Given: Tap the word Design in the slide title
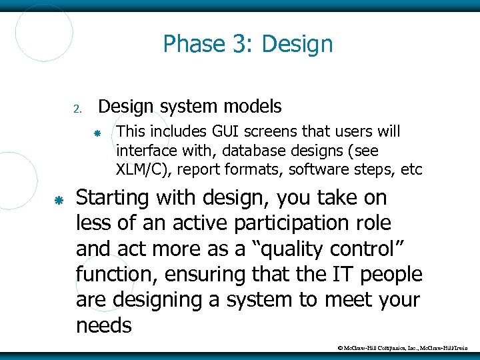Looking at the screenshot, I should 297,45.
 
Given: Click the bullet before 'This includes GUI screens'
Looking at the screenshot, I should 97,134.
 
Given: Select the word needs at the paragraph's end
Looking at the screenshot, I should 104,325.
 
